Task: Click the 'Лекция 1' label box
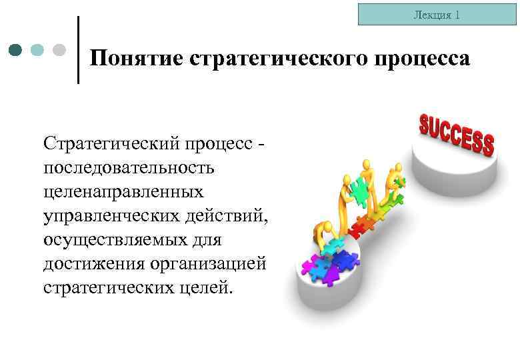tap(437, 14)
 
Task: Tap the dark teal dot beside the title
tap(17, 50)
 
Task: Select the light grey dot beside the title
tap(59, 50)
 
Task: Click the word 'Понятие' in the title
tap(137, 59)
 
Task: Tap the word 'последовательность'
tap(129, 167)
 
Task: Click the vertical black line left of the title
tap(79, 50)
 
